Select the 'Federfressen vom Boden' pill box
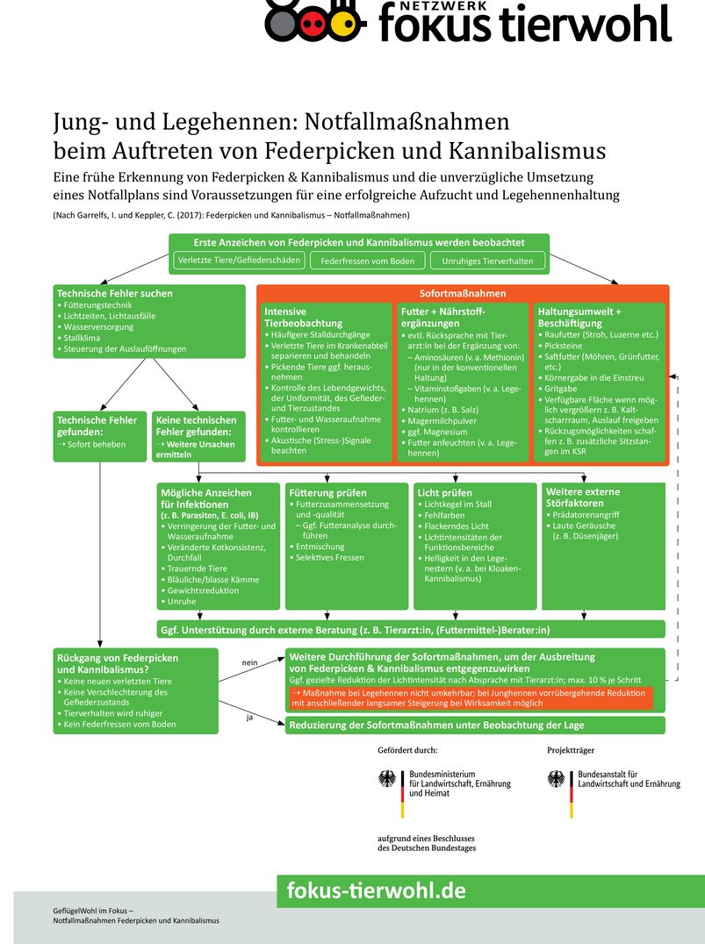367,261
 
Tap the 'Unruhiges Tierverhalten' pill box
487,261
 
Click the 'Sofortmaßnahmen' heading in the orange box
463,293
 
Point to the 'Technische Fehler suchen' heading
114,293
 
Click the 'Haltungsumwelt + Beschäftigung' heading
582,317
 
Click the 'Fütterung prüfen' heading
328,492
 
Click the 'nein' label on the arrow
249,662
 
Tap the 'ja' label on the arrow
249,717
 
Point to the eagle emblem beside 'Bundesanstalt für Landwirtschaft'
556,778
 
